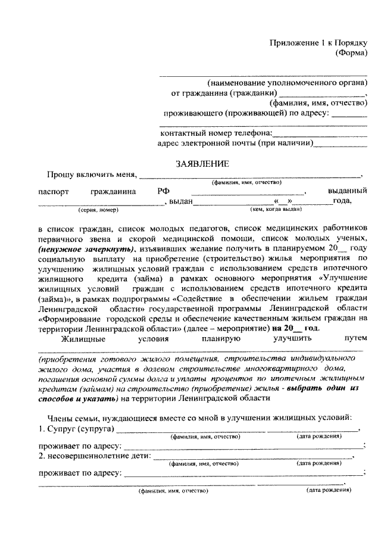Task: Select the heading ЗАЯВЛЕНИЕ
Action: pyautogui.click(x=199, y=163)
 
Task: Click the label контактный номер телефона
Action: pyautogui.click(x=216, y=133)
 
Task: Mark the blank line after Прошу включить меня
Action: pyautogui.click(x=250, y=176)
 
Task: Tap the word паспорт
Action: pyautogui.click(x=54, y=192)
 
